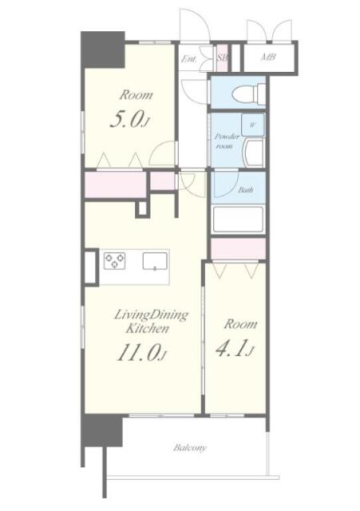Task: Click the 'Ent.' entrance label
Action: point(189,59)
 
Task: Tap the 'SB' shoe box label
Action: point(223,59)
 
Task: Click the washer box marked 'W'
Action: point(252,126)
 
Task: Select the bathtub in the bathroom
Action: point(238,218)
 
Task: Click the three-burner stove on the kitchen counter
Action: point(115,260)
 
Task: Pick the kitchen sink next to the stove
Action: point(155,260)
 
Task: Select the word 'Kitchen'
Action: point(144,329)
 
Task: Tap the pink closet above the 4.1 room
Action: point(239,248)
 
